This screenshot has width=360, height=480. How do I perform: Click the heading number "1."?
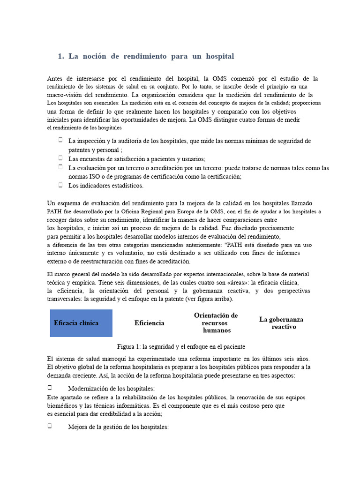[60, 56]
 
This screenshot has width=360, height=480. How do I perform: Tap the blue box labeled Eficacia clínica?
[81, 323]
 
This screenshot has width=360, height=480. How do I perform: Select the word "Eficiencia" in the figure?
[149, 323]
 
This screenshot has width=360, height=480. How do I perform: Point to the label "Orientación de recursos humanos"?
[216, 322]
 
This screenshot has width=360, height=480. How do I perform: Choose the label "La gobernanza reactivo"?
[281, 322]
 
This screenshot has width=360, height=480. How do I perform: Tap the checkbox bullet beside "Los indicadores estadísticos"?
[61, 185]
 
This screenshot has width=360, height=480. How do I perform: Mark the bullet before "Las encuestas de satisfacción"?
[61, 158]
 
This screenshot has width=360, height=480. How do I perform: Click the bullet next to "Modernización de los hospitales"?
[50, 388]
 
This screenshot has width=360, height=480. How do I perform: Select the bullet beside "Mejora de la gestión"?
[50, 426]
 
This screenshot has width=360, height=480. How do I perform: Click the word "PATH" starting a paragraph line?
[55, 211]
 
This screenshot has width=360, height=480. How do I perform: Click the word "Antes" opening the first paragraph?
[56, 79]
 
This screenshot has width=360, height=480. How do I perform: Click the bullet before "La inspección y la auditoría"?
[61, 140]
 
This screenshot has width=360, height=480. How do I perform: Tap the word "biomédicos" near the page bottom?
[63, 405]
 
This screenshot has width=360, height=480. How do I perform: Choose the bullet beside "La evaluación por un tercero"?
[61, 166]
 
